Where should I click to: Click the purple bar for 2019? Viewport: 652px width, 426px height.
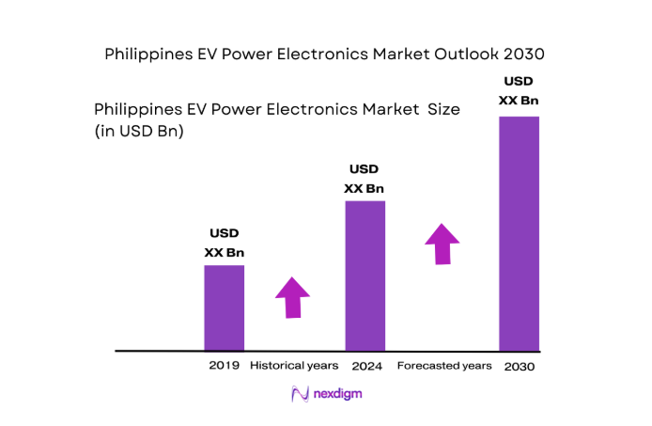[x=225, y=308]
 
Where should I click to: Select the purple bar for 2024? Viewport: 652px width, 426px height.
[x=365, y=276]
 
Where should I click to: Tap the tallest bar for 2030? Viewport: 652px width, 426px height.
[x=519, y=233]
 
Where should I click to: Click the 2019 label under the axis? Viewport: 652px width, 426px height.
[x=225, y=365]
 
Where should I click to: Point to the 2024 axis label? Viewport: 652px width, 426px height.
[x=365, y=365]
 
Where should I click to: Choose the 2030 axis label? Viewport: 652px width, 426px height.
[x=519, y=366]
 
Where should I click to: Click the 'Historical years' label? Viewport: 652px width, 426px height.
[x=294, y=365]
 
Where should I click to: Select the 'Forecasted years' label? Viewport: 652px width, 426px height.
[x=444, y=365]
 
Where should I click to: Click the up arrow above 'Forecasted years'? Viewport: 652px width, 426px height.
[x=442, y=243]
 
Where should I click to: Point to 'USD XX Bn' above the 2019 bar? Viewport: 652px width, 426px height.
[x=225, y=243]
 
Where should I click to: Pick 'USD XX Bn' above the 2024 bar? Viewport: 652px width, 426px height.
[x=365, y=179]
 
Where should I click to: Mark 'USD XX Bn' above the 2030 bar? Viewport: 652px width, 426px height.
[x=520, y=90]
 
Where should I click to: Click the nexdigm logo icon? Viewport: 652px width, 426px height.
[x=300, y=394]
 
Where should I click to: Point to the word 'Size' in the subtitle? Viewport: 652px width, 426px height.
[x=443, y=109]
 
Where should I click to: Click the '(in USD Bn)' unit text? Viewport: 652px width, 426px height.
[x=139, y=132]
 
